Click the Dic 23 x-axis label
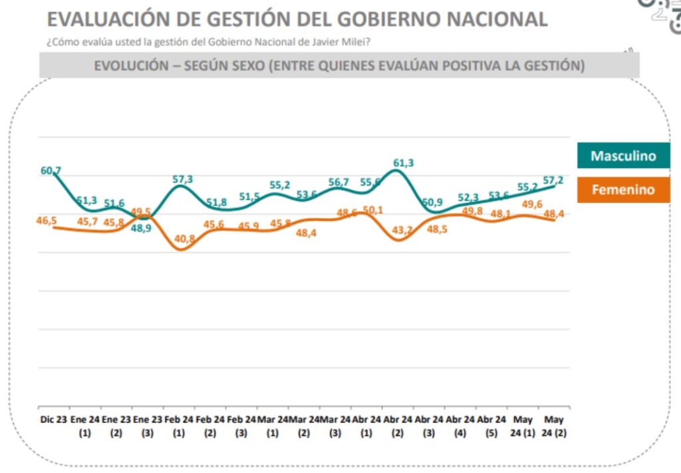point(53,420)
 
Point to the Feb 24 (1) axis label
point(178,426)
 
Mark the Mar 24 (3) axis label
point(334,426)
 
